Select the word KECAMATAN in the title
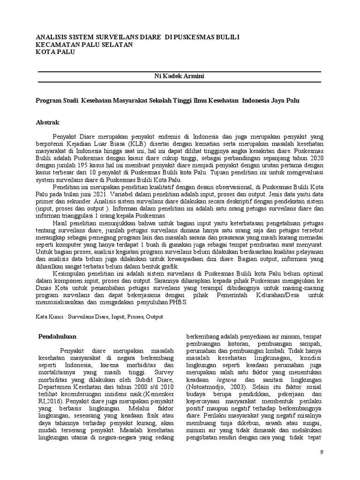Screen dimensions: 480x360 [x=57, y=45]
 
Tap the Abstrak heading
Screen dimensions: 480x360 [x=48, y=122]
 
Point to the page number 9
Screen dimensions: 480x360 [x=321, y=452]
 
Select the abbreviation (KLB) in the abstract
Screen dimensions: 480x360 [x=142, y=143]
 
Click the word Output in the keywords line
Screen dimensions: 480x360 [x=154, y=317]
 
